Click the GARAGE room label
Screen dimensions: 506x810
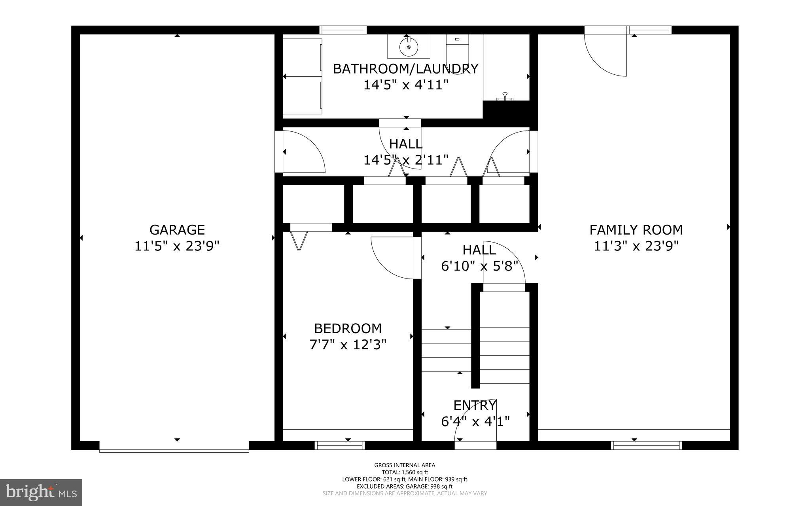[177, 230]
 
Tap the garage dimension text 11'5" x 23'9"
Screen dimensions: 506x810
[177, 246]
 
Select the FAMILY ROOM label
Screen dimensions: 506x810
[636, 230]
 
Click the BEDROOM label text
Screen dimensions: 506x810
[348, 328]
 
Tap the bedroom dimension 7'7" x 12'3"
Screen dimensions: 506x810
[348, 345]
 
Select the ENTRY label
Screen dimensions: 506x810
[475, 406]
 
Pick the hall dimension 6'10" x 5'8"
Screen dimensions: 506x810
[479, 266]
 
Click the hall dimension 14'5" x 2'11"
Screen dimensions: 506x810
[406, 160]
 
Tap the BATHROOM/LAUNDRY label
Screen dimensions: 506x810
[405, 69]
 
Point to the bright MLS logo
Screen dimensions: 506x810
[41, 492]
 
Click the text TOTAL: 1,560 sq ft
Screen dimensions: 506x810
[405, 472]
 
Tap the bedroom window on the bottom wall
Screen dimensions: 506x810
[340, 445]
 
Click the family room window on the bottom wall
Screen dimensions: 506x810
[647, 445]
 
